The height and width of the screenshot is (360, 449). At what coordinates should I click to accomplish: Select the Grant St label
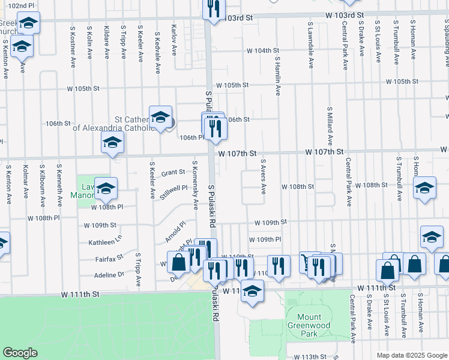pyautogui.click(x=173, y=172)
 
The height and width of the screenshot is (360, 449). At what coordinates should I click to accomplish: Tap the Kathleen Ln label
pyautogui.click(x=105, y=242)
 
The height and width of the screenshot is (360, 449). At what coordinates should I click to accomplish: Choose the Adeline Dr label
pyautogui.click(x=109, y=274)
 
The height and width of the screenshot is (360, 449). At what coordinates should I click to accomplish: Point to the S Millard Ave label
pyautogui.click(x=330, y=127)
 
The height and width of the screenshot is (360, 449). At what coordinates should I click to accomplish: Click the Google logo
pyautogui.click(x=20, y=352)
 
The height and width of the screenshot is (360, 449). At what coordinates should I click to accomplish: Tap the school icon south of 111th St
pyautogui.click(x=253, y=291)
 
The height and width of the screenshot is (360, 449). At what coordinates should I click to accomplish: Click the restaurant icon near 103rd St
pyautogui.click(x=214, y=8)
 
